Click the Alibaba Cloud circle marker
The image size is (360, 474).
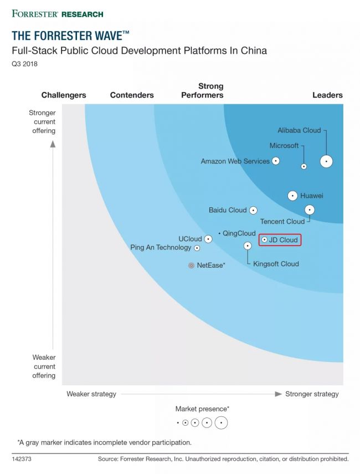[327, 161]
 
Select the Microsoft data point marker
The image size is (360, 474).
[304, 166]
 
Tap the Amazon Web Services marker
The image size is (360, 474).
[275, 161]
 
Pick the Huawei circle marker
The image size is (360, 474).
[292, 196]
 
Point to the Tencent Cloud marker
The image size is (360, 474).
[310, 210]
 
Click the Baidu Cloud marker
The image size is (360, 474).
[253, 210]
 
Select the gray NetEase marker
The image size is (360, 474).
[192, 266]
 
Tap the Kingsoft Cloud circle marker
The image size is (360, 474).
[248, 246]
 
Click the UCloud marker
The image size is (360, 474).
[208, 239]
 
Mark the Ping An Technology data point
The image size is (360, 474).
[197, 248]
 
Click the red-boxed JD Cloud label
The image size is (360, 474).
[280, 240]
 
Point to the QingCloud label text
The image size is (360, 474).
[239, 233]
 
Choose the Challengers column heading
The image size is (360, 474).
[64, 95]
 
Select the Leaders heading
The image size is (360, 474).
[327, 95]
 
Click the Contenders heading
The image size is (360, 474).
[132, 95]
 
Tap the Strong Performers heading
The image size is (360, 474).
[203, 90]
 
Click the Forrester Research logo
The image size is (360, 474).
[57, 13]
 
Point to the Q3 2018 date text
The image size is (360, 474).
[25, 64]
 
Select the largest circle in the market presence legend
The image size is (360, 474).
[221, 422]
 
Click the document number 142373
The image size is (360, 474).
[23, 459]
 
